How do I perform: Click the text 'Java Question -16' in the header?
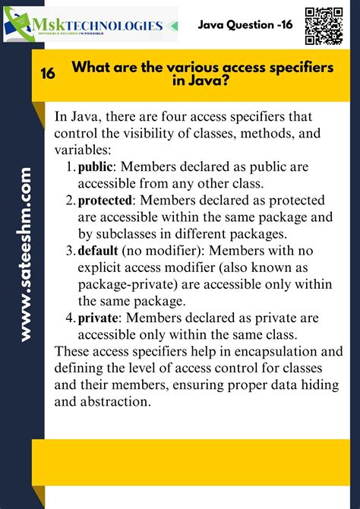click(245, 25)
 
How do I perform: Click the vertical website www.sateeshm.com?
click(26, 254)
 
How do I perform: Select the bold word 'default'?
click(98, 251)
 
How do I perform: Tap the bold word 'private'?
click(99, 318)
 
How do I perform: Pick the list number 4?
click(69, 318)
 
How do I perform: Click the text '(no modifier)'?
click(159, 251)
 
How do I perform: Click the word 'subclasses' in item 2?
click(126, 234)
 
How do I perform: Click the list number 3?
click(69, 251)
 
